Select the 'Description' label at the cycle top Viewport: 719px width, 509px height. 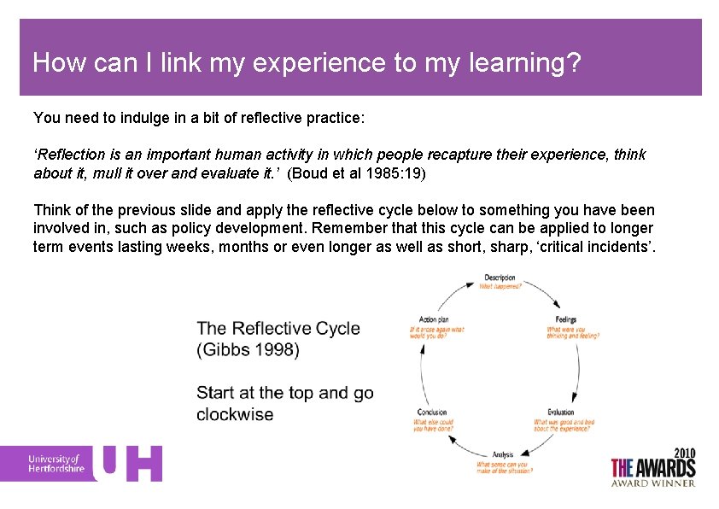tap(500, 278)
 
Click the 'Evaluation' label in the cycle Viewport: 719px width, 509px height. tap(561, 412)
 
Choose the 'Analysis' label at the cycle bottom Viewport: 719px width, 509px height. tap(503, 455)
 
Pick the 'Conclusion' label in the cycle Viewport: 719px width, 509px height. tap(433, 412)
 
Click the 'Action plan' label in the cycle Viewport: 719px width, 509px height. tap(435, 320)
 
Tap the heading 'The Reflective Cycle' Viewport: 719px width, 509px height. tap(278, 329)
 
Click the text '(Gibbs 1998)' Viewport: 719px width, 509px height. tap(247, 349)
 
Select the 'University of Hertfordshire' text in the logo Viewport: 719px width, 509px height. tap(56, 464)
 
